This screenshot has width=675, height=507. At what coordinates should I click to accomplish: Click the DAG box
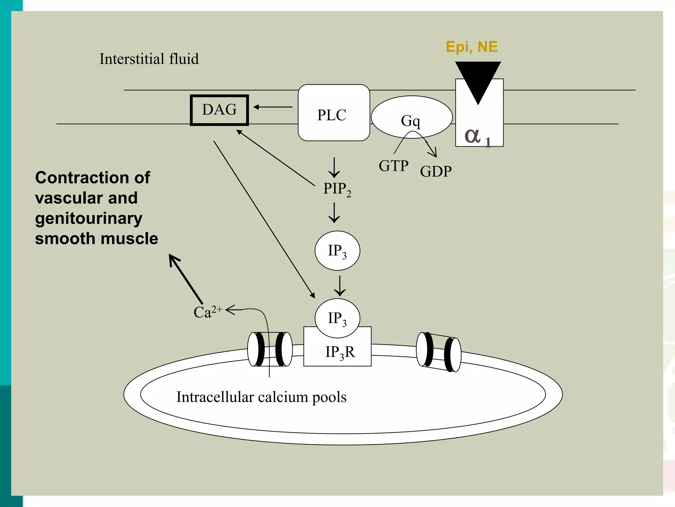click(219, 110)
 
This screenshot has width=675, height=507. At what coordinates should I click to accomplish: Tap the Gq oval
click(411, 117)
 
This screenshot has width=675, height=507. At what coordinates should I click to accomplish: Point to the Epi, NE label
click(471, 47)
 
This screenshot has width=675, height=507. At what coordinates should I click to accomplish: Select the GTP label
click(394, 166)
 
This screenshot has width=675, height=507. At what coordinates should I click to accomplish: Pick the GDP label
click(436, 172)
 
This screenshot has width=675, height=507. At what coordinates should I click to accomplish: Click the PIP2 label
click(337, 189)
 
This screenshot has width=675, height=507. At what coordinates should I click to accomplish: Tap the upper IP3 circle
click(337, 251)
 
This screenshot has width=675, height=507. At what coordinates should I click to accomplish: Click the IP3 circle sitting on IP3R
click(337, 318)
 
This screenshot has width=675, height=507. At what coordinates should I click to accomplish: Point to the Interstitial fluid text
click(149, 59)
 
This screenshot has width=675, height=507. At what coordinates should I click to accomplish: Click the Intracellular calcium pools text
click(261, 397)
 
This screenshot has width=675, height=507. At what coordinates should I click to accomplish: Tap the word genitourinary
click(89, 219)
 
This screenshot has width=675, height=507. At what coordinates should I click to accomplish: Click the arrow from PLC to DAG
click(273, 107)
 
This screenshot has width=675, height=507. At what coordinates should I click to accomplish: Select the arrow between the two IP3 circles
click(339, 286)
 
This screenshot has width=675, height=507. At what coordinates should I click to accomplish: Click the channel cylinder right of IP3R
click(438, 352)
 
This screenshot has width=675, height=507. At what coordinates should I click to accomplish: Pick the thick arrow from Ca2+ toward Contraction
click(186, 279)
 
